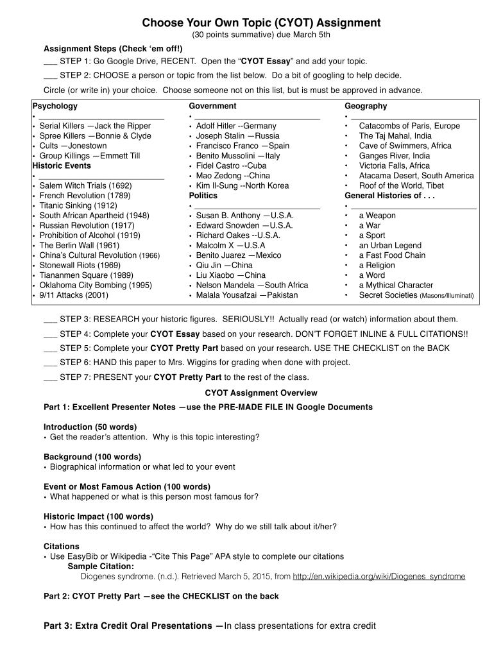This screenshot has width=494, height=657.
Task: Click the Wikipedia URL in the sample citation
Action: pyautogui.click(x=379, y=576)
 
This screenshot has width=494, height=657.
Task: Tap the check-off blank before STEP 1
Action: pyautogui.click(x=50, y=62)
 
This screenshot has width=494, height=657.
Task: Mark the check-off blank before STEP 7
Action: pyautogui.click(x=50, y=377)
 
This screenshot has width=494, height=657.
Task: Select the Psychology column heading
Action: pyautogui.click(x=55, y=106)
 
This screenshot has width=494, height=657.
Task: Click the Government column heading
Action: pyautogui.click(x=212, y=106)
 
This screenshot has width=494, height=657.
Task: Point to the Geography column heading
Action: pyautogui.click(x=366, y=106)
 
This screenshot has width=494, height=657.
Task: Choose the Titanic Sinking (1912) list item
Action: pyautogui.click(x=78, y=205)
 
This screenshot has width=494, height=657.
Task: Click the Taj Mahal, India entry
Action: pyautogui.click(x=395, y=136)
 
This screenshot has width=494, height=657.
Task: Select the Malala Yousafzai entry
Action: pyautogui.click(x=247, y=295)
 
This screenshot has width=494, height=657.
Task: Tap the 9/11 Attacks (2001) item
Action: pyautogui.click(x=73, y=295)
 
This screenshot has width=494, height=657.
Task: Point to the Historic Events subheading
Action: pyautogui.click(x=62, y=166)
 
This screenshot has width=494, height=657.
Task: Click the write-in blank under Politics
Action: pyautogui.click(x=257, y=206)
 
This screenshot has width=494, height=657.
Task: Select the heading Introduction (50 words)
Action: pyautogui.click(x=90, y=427)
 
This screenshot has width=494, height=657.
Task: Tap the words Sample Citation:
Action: pyautogui.click(x=101, y=567)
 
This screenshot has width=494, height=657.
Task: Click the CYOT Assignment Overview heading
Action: pyautogui.click(x=260, y=393)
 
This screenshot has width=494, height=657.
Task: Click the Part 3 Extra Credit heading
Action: pyautogui.click(x=133, y=626)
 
